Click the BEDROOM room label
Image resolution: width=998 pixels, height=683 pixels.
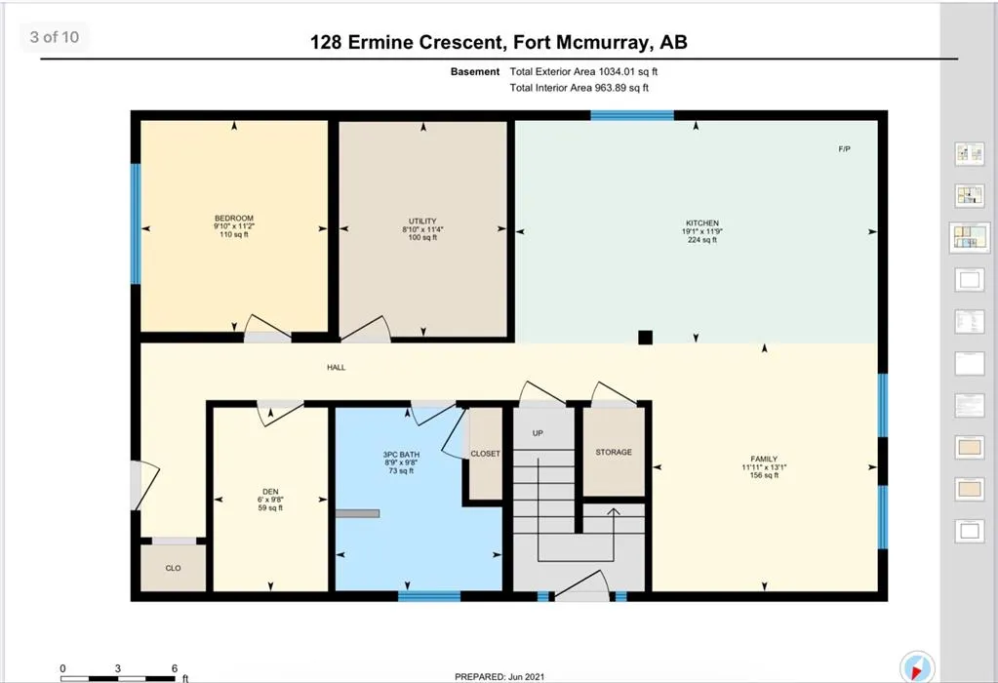[234, 219]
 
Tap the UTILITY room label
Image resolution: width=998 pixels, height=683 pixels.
[422, 221]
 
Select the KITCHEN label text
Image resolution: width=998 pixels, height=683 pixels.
[702, 223]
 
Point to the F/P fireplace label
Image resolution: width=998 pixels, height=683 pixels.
[844, 149]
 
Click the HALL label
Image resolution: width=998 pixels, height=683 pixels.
[336, 367]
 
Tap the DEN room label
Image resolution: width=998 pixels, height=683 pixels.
[270, 492]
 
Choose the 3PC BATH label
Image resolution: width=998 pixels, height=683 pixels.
[401, 455]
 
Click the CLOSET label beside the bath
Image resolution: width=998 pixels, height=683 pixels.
[485, 454]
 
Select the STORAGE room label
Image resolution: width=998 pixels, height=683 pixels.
[614, 452]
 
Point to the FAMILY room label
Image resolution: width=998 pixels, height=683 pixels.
[764, 459]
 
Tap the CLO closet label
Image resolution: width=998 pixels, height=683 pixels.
[173, 568]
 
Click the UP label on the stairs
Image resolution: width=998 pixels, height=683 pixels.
[538, 433]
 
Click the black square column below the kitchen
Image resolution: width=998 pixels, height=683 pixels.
[646, 338]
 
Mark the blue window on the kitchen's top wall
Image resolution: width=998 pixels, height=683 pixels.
[632, 115]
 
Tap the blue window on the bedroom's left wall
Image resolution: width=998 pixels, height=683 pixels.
[136, 223]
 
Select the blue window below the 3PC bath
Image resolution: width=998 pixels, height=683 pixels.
[429, 596]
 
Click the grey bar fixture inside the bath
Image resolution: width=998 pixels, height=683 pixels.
[358, 513]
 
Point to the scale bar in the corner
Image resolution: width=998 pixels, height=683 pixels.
[118, 678]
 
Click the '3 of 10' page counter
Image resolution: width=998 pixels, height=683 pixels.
[55, 37]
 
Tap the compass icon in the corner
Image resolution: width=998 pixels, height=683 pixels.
[917, 667]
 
